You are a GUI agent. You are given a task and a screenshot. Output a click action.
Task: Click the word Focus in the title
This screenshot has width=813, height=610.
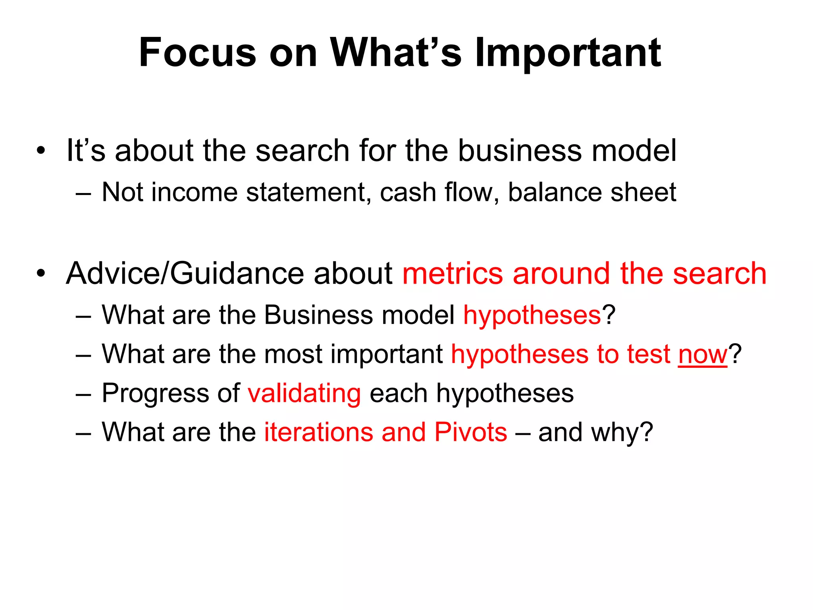coord(197,52)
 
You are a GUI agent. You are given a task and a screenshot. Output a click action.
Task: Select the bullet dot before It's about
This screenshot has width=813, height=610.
coord(41,151)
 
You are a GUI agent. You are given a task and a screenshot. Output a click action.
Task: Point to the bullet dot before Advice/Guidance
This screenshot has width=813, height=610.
coord(41,274)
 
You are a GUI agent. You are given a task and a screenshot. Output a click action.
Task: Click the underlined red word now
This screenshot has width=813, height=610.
coord(702,354)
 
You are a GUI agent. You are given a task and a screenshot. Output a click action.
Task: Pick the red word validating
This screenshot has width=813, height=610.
coord(304,394)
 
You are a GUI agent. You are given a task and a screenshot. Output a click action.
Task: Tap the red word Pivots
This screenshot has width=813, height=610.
coord(470,432)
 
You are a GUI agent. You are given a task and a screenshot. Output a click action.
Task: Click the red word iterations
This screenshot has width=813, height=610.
coord(319,432)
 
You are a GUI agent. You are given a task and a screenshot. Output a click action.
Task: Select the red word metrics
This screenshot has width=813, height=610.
coord(453,274)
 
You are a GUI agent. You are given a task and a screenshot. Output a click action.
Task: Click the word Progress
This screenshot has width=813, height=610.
coord(156,394)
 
